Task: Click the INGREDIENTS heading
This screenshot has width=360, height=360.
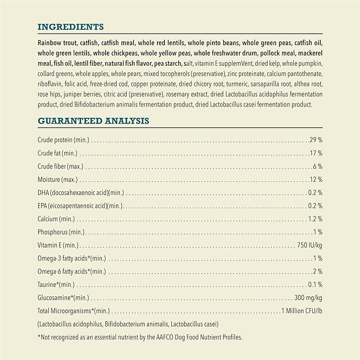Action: point(71,26)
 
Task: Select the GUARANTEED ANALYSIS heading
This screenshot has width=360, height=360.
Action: point(93,121)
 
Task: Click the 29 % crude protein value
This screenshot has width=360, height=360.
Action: point(317,140)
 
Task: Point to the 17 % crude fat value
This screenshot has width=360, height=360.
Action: point(317,153)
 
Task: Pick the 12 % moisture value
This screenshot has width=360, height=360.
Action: point(317,179)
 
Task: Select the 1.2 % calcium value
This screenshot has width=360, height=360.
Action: point(315,218)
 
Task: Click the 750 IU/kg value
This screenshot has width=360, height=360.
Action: point(310,245)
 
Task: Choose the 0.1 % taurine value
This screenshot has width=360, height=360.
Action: point(315,284)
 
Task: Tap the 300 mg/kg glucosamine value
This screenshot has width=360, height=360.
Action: point(308,297)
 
